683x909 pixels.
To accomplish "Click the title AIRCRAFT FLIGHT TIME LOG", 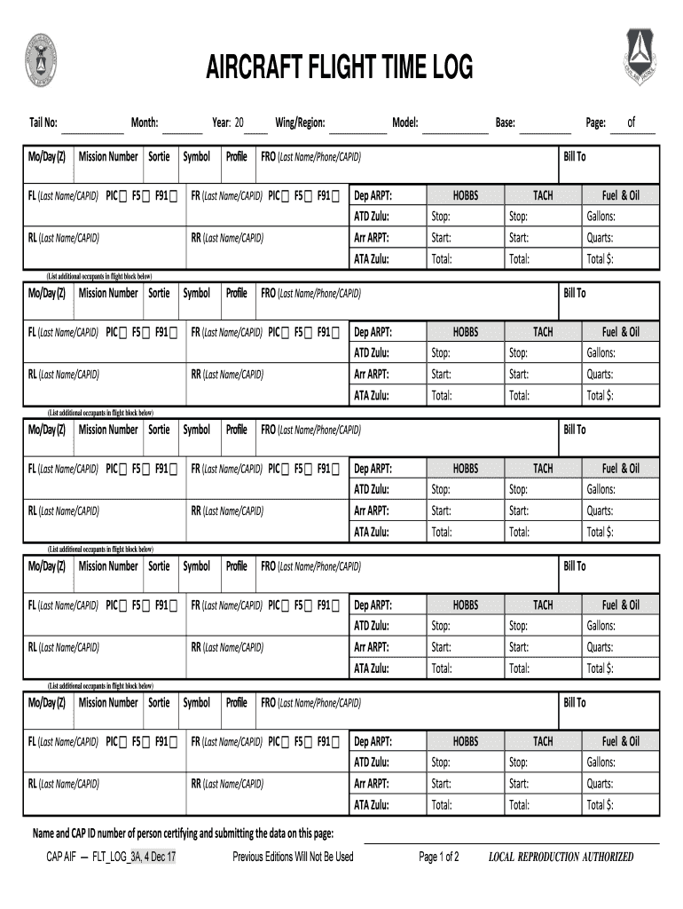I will tap(340, 67).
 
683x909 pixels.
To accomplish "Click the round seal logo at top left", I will tap(41, 60).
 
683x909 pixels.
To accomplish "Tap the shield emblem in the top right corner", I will tap(640, 60).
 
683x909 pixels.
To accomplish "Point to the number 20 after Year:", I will tap(239, 123).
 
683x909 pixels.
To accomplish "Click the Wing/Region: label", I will tap(300, 123).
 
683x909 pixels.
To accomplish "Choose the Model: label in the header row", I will tap(405, 123).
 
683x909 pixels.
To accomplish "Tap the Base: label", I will tap(506, 123).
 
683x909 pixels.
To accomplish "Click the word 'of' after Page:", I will tap(632, 123).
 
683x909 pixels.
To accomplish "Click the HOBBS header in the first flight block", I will tap(465, 195).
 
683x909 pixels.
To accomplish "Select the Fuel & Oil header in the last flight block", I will tap(620, 741).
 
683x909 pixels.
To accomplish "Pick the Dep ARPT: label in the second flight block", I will tap(373, 332).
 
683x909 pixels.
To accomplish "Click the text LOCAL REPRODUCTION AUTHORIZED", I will tap(561, 857).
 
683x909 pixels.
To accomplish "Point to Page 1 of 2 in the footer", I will tap(438, 857).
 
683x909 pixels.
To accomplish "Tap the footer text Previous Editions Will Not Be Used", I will tap(293, 857).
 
